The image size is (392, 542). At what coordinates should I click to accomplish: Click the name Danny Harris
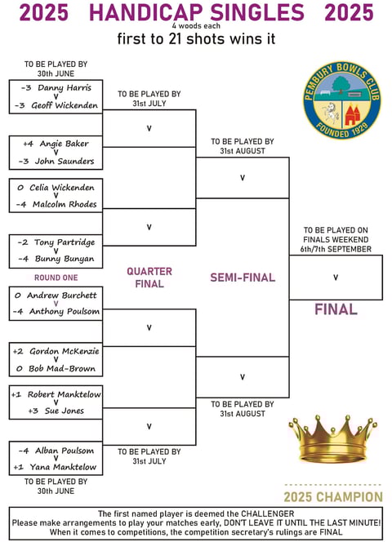65,88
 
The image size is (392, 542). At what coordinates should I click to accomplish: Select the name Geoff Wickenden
65,105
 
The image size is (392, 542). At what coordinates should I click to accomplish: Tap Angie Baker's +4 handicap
29,144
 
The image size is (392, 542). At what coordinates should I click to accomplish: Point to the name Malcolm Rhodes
65,204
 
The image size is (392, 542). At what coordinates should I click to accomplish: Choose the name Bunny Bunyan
65,259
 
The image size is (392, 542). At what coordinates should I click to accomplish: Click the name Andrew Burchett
62,295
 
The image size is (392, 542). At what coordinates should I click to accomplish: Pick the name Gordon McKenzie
65,351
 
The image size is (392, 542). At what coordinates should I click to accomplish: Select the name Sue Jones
65,411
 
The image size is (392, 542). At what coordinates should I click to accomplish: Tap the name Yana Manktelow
63,467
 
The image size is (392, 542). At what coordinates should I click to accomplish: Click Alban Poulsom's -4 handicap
24,451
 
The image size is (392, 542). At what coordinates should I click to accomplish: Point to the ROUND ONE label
56,278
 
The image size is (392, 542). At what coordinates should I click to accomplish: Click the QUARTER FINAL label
149,278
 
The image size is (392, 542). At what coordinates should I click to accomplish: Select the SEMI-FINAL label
243,278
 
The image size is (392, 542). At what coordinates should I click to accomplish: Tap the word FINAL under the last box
336,309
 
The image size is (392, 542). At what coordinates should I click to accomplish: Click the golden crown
333,439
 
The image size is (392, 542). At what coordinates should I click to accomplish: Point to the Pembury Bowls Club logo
342,100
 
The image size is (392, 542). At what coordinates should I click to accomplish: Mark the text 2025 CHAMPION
333,497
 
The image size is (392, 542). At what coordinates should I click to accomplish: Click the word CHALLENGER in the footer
267,513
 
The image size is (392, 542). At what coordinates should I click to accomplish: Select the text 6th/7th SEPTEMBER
336,249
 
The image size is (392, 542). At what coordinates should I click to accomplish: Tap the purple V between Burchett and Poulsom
56,304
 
